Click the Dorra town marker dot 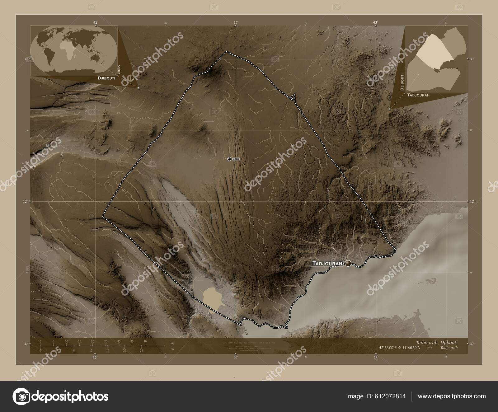pyautogui.click(x=229, y=159)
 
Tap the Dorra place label pyautogui.click(x=236, y=159)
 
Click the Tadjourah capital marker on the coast pyautogui.click(x=348, y=264)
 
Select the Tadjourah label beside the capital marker pyautogui.click(x=327, y=264)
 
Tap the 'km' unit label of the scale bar pyautogui.click(x=172, y=343)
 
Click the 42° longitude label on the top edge pyautogui.click(x=95, y=22)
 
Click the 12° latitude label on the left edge pyautogui.click(x=25, y=201)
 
